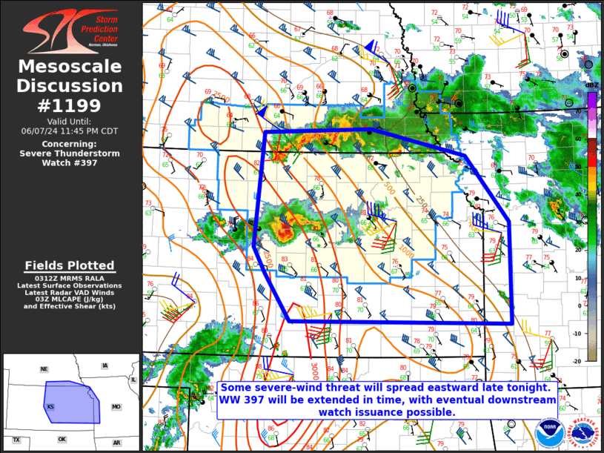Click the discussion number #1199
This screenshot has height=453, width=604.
click(x=70, y=105)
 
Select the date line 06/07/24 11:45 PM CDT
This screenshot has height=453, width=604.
click(x=70, y=130)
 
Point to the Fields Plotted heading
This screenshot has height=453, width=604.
click(x=70, y=265)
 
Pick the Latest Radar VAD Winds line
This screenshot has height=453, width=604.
click(x=70, y=292)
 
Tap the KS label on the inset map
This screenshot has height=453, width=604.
click(x=50, y=407)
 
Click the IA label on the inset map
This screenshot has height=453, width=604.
click(x=104, y=366)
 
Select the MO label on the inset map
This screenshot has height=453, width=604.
click(x=116, y=407)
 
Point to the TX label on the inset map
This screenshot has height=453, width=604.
click(x=16, y=440)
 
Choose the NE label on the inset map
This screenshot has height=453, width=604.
click(x=44, y=368)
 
